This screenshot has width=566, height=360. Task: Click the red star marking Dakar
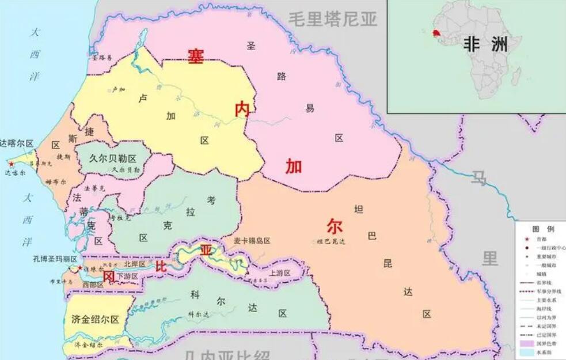point(10,164)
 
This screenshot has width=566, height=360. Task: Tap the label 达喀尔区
point(17,143)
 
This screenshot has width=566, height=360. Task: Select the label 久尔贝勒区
point(113,158)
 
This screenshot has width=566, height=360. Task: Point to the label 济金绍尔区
point(95,319)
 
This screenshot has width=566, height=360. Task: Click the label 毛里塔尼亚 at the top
point(333,19)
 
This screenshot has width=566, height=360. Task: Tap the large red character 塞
point(196,55)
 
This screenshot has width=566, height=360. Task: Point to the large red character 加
point(294,166)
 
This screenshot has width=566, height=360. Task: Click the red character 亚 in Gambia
point(206,249)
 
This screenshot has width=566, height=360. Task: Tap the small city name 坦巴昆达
point(331,241)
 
